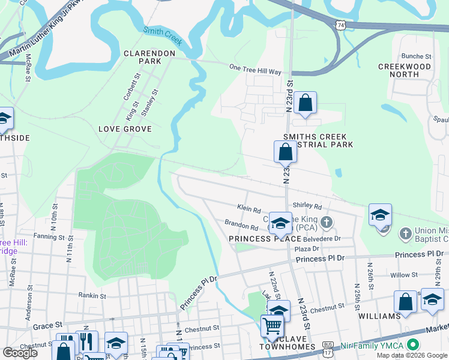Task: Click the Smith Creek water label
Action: point(162,36)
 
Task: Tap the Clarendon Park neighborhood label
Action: point(149,57)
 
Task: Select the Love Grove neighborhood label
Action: point(125,129)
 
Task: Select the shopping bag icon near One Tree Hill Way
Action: point(306,103)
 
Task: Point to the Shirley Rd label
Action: point(307,205)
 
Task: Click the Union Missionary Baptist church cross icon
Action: point(405,232)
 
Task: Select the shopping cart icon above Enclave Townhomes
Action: point(273,327)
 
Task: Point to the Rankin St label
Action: point(92,295)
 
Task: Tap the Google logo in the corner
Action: point(20,353)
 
